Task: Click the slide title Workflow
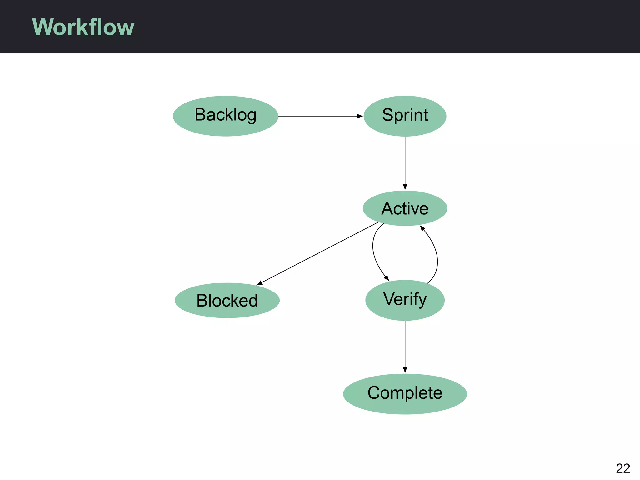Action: coord(83,27)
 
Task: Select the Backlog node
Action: coord(225,116)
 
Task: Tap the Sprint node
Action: coord(405,116)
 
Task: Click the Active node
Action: coord(405,208)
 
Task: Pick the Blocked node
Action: coord(227,300)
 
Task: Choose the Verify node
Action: coord(405,300)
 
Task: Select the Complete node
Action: coord(405,394)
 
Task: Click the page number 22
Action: coord(622,468)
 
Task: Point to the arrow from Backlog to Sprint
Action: coord(319,116)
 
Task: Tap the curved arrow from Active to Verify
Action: coord(373,250)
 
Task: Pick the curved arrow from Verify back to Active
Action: coord(437,256)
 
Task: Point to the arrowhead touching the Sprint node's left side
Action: coord(360,116)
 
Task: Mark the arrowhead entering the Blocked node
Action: coord(260,283)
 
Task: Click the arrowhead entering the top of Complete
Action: coord(405,370)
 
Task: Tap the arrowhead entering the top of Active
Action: coord(405,187)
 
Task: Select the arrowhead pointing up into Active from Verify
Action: coord(422,228)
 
